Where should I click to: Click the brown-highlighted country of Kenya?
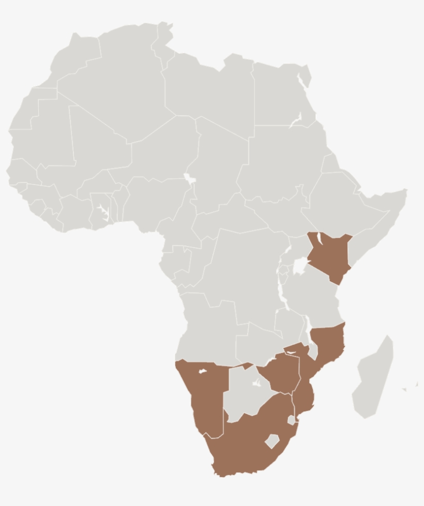[329, 256]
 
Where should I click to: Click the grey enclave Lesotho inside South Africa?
[272, 441]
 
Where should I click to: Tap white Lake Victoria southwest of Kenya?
[299, 266]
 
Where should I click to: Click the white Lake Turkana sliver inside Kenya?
[320, 239]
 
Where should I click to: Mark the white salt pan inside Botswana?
[256, 383]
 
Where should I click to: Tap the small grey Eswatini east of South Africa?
[292, 420]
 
